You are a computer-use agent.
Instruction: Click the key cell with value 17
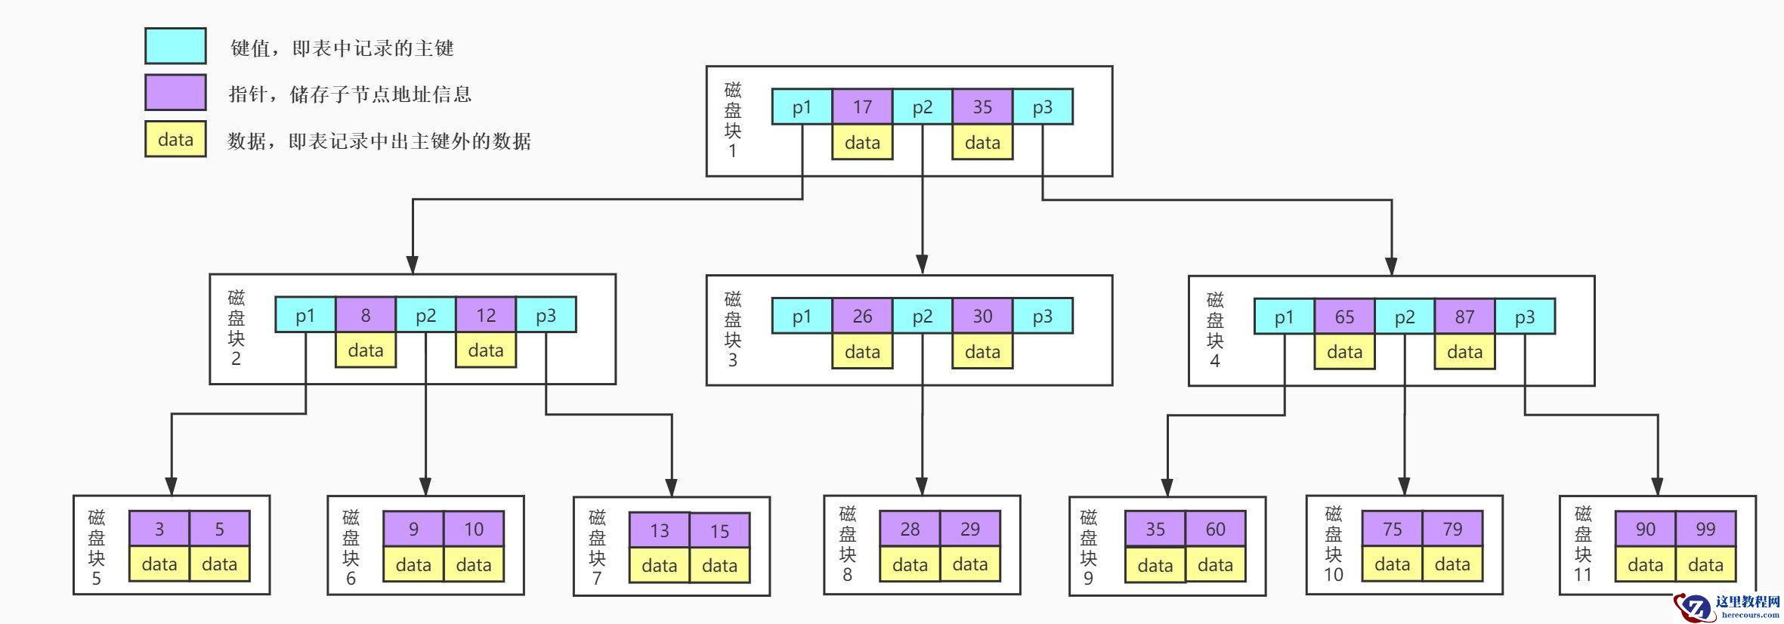(x=862, y=107)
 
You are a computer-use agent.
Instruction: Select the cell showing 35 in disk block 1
(x=982, y=107)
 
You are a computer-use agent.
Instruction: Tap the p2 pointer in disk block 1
(x=922, y=107)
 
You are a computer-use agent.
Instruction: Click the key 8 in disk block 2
(x=366, y=315)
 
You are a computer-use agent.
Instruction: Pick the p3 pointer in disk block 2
(x=546, y=315)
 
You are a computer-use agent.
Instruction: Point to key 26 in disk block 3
(x=862, y=317)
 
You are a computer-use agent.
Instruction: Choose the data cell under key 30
(x=982, y=352)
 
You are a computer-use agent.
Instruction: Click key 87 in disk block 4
(x=1464, y=317)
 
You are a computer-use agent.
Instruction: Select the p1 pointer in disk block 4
(x=1284, y=317)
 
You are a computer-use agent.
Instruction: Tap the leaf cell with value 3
(x=159, y=529)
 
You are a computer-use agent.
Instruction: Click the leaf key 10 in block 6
(x=474, y=529)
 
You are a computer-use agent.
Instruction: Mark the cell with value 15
(x=719, y=531)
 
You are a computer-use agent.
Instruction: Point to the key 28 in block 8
(x=910, y=529)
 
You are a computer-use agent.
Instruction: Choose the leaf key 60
(x=1215, y=529)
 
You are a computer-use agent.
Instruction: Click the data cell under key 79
(x=1452, y=564)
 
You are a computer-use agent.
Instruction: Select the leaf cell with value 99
(x=1705, y=529)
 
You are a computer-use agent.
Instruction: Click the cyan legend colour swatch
(x=175, y=46)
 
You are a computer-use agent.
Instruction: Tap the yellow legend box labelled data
(x=175, y=140)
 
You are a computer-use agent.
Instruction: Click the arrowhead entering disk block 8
(x=921, y=487)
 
